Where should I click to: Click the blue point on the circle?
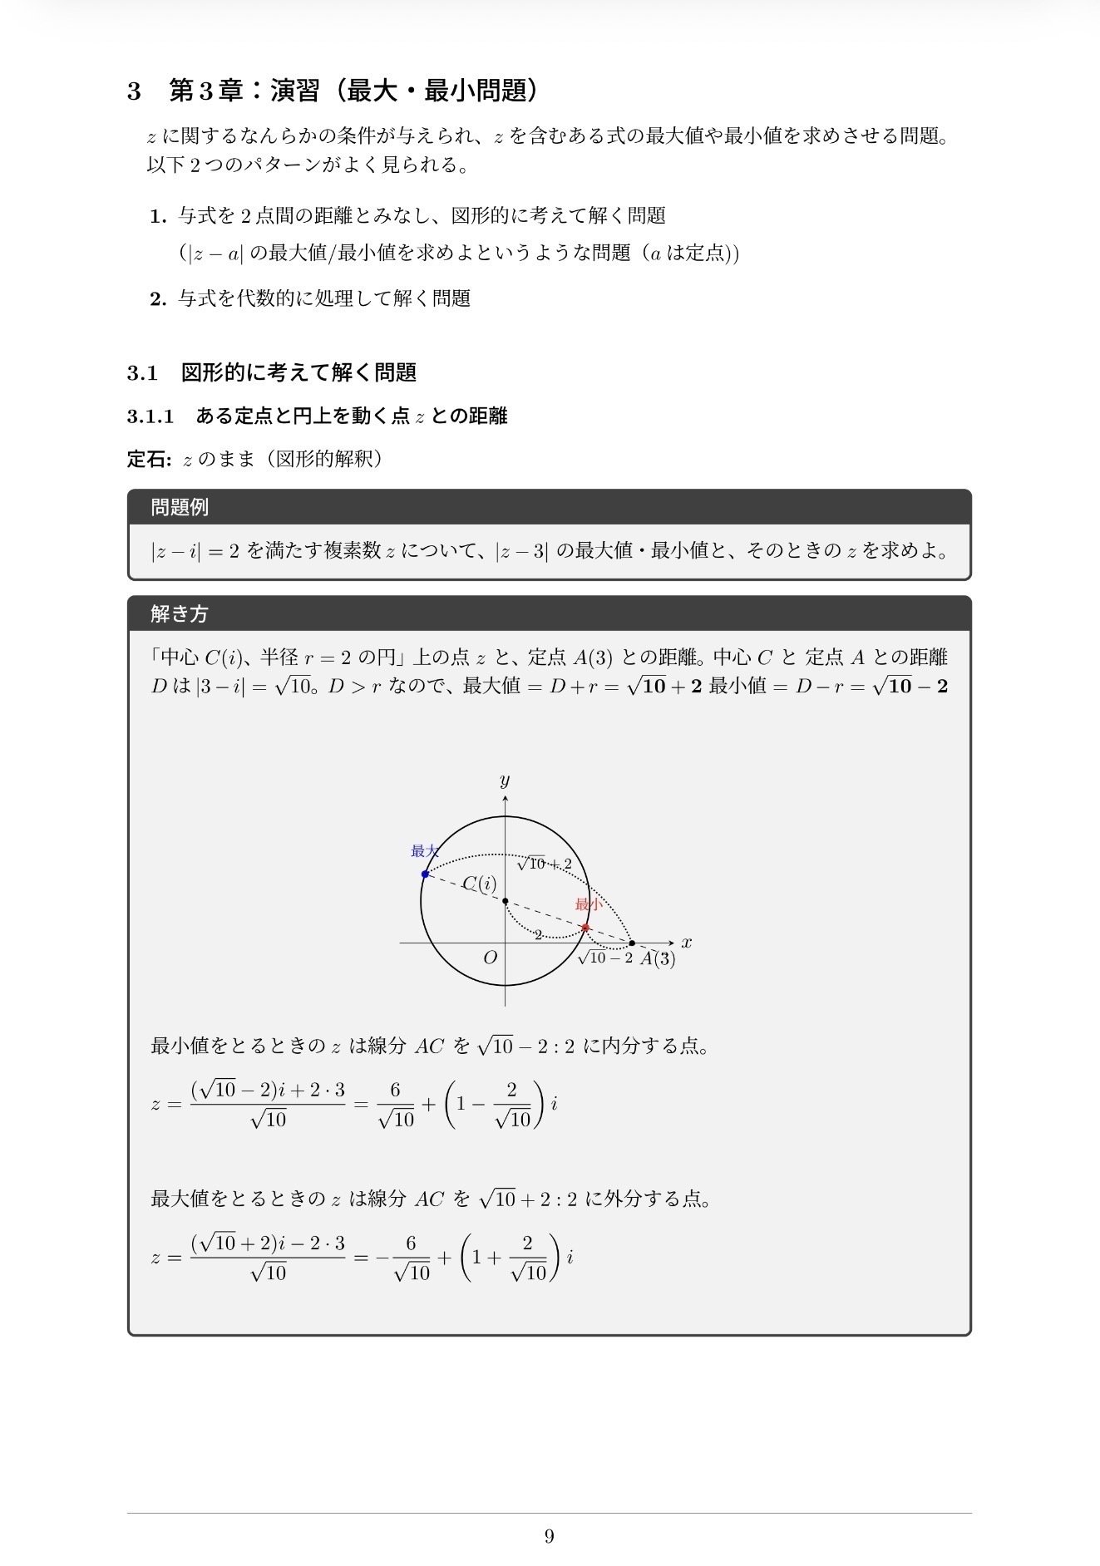[425, 874]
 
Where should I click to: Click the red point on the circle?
[585, 928]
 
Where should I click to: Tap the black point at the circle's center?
[506, 901]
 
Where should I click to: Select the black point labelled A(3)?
[632, 943]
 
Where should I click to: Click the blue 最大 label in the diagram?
[424, 851]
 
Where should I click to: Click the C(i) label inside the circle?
[479, 884]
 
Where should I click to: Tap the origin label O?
[491, 958]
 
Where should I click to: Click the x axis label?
[687, 943]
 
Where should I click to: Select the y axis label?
[505, 781]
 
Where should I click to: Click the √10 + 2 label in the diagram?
[544, 864]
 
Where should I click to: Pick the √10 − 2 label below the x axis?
[605, 958]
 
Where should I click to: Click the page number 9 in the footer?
[549, 1536]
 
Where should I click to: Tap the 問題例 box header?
[180, 507]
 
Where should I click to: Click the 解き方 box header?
[180, 613]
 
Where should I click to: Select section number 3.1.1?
[150, 416]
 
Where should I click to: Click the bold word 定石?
[150, 459]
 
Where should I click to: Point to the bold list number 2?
[159, 299]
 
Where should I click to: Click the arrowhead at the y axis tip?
[506, 798]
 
